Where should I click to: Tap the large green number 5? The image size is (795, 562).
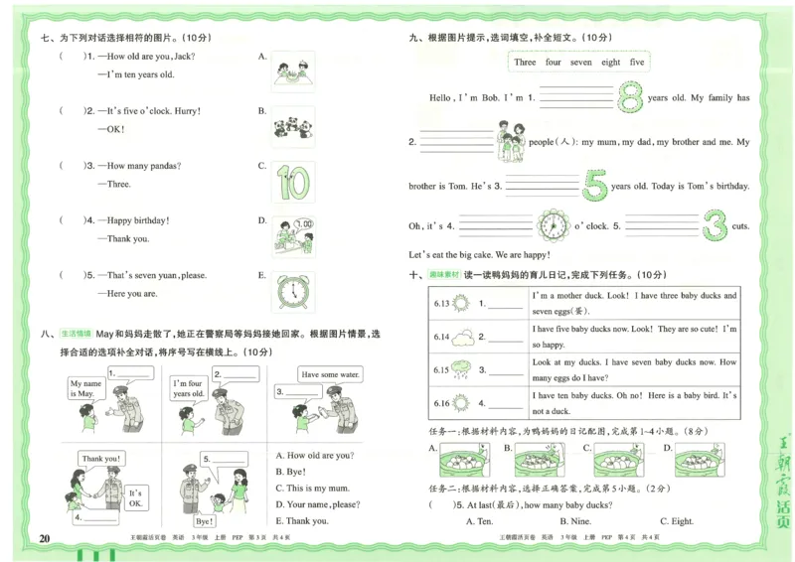coord(594,184)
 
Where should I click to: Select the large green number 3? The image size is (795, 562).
coord(715,225)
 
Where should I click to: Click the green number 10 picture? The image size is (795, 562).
coord(293,183)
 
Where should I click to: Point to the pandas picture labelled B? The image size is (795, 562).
coord(293,127)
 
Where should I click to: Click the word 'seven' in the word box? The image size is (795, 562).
coord(580,62)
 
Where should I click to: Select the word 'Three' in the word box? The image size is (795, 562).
coord(525,62)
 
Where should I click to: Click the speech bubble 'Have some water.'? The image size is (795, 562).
coord(327,374)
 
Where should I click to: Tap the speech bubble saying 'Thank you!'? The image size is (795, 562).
coord(101,459)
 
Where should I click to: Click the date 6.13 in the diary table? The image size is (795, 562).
coord(442,304)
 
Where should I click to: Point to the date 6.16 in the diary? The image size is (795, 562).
coord(442,403)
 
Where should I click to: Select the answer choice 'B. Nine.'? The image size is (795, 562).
coord(575,521)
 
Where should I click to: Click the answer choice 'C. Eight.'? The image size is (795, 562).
coord(677,521)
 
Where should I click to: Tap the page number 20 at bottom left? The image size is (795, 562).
coord(44,538)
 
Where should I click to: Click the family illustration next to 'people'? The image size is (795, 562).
coord(511,142)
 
